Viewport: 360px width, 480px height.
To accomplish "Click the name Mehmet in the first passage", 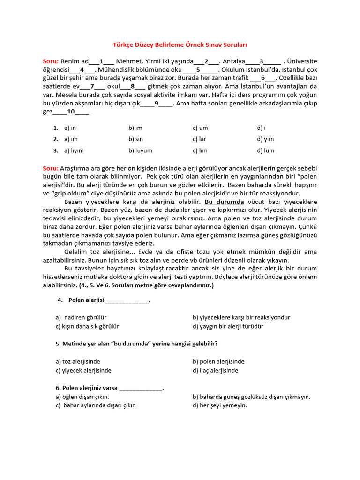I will coord(127,61).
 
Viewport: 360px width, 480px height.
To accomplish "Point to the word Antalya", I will coord(233,61).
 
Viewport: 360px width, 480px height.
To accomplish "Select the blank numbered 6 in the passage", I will coord(263,78).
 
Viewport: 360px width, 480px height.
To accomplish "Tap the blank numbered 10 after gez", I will coord(71,112).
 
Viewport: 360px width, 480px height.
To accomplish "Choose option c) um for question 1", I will coord(200,128).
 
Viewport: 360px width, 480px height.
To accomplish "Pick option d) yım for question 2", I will coord(265,139).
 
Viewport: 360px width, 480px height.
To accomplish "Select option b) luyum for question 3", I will coord(140,151).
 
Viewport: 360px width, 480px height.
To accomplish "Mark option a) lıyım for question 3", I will coord(74,151).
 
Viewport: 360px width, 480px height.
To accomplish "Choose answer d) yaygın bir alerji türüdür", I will coord(228,326).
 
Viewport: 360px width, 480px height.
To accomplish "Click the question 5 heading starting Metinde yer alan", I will coord(136,344).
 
